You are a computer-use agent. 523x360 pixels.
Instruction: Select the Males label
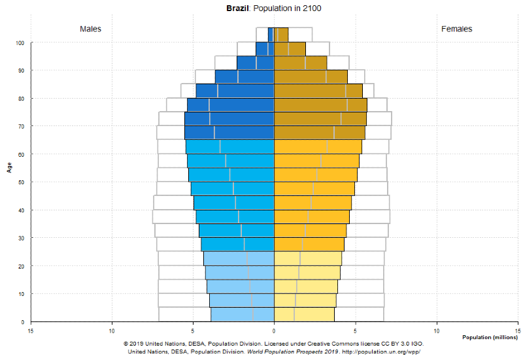(x=91, y=29)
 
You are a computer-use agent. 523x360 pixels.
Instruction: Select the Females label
(x=457, y=29)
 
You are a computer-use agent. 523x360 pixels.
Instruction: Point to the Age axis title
(x=10, y=167)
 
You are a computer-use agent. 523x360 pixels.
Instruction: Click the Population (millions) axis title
(x=490, y=337)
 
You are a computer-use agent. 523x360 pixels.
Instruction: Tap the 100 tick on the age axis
(x=20, y=43)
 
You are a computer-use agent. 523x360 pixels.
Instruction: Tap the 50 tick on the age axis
(x=22, y=182)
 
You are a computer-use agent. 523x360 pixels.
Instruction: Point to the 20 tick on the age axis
(x=22, y=266)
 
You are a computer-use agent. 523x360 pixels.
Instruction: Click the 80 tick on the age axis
(x=22, y=99)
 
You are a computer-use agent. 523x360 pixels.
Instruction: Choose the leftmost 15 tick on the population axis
(x=31, y=330)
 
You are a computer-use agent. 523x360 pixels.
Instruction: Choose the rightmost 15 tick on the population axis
(x=518, y=330)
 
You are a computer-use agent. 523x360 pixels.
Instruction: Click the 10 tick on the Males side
(x=112, y=330)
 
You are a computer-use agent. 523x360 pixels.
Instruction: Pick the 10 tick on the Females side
(x=437, y=330)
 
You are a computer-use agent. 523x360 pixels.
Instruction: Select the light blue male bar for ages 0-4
(x=242, y=315)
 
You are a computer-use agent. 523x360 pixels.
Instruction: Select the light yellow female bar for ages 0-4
(x=304, y=315)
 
